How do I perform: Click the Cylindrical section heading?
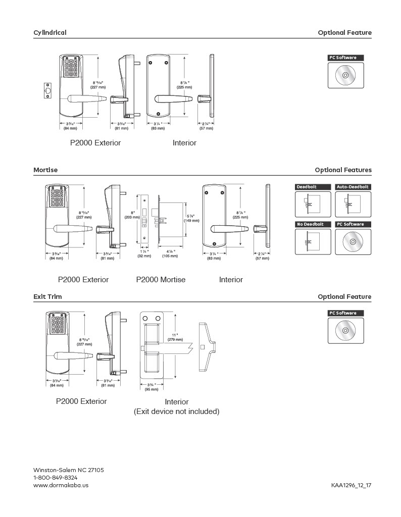click(x=49, y=33)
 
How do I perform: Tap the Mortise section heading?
click(x=45, y=170)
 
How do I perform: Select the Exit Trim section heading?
click(x=47, y=297)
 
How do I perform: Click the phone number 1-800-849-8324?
click(x=55, y=478)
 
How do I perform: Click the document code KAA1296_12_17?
click(x=351, y=485)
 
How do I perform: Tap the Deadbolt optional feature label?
click(x=313, y=187)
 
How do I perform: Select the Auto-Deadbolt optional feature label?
click(x=353, y=187)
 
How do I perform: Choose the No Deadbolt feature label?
click(x=313, y=224)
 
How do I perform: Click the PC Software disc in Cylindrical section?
click(x=345, y=76)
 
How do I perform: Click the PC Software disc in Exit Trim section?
click(x=345, y=331)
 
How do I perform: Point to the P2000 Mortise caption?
click(x=161, y=280)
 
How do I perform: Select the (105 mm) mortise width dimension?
click(x=169, y=256)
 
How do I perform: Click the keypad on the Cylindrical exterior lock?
click(x=71, y=68)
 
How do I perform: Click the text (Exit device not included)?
click(x=176, y=411)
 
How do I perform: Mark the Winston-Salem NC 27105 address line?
click(x=68, y=470)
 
